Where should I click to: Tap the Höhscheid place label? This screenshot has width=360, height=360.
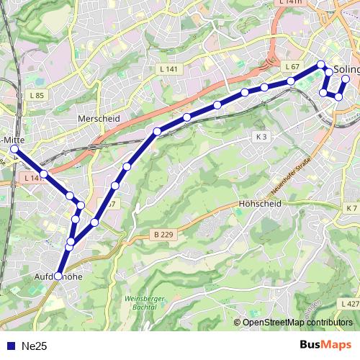(x=258, y=204)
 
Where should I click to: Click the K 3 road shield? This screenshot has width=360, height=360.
(x=261, y=137)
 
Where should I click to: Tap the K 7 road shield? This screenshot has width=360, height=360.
(x=350, y=208)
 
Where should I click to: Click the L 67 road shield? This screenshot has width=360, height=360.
(x=292, y=66)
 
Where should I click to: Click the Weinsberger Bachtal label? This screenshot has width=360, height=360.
(x=145, y=302)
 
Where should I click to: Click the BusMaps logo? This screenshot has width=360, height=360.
(x=325, y=346)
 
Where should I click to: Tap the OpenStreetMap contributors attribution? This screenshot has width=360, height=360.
(x=297, y=323)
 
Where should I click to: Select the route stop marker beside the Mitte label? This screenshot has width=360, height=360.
(x=14, y=148)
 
